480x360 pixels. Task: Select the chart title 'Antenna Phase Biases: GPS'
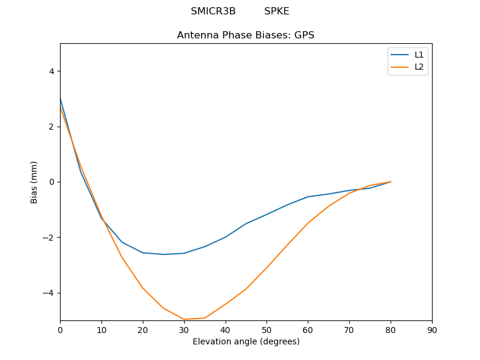point(245,35)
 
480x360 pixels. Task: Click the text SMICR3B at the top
point(213,11)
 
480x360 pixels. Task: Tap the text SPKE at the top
point(277,11)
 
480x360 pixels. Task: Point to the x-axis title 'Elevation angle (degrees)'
point(245,341)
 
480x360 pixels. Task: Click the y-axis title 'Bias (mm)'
point(34,182)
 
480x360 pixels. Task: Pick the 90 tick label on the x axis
point(432,330)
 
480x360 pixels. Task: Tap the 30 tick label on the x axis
point(184,330)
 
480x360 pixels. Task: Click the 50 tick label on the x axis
point(267,330)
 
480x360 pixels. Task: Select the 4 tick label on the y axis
point(52,71)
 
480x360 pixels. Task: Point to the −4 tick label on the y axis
point(49,293)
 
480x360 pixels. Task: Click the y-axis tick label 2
point(52,127)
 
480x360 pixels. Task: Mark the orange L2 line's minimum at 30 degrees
point(184,319)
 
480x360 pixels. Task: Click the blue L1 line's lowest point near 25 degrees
point(163,254)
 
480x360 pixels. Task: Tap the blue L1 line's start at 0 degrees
point(61,98)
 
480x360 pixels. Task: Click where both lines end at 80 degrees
point(391,182)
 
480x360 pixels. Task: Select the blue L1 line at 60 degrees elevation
point(308,197)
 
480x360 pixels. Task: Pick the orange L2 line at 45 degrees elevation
point(246,289)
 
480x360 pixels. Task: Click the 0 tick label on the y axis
point(52,182)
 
